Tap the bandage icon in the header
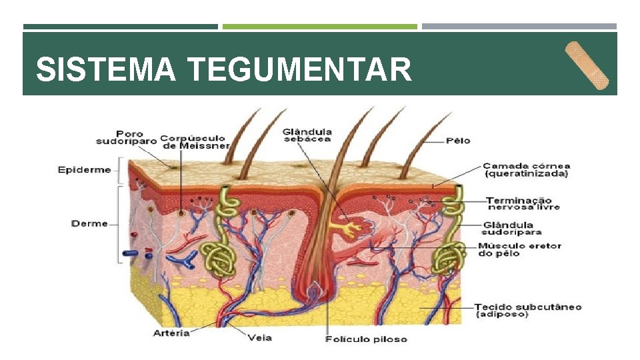click(x=587, y=65)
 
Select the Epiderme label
click(x=84, y=170)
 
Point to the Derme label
click(x=89, y=223)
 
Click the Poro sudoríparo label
click(x=126, y=137)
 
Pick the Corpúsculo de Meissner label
click(x=195, y=141)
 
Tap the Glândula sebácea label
click(x=307, y=135)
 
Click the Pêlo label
click(x=458, y=141)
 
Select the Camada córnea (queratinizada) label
click(x=526, y=170)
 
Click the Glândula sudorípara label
click(x=511, y=229)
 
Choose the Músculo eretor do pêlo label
click(x=519, y=249)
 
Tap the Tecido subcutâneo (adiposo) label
click(x=527, y=310)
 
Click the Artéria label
click(x=171, y=332)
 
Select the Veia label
click(x=259, y=337)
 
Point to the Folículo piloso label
click(x=365, y=339)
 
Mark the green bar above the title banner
click(x=319, y=27)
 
